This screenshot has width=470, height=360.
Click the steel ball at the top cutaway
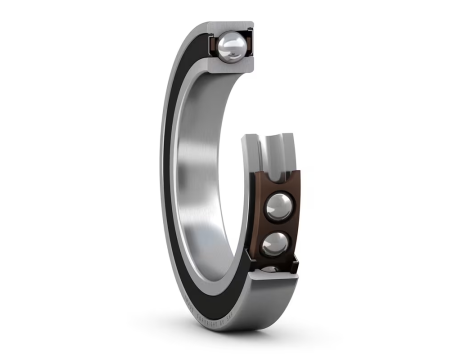coord(232,44)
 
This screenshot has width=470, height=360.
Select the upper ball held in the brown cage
coord(279,206)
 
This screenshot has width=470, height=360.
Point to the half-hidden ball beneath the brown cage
coord(273,269)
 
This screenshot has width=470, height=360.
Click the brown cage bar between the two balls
coord(280,225)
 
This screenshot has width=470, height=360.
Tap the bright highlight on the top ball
coord(229,40)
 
